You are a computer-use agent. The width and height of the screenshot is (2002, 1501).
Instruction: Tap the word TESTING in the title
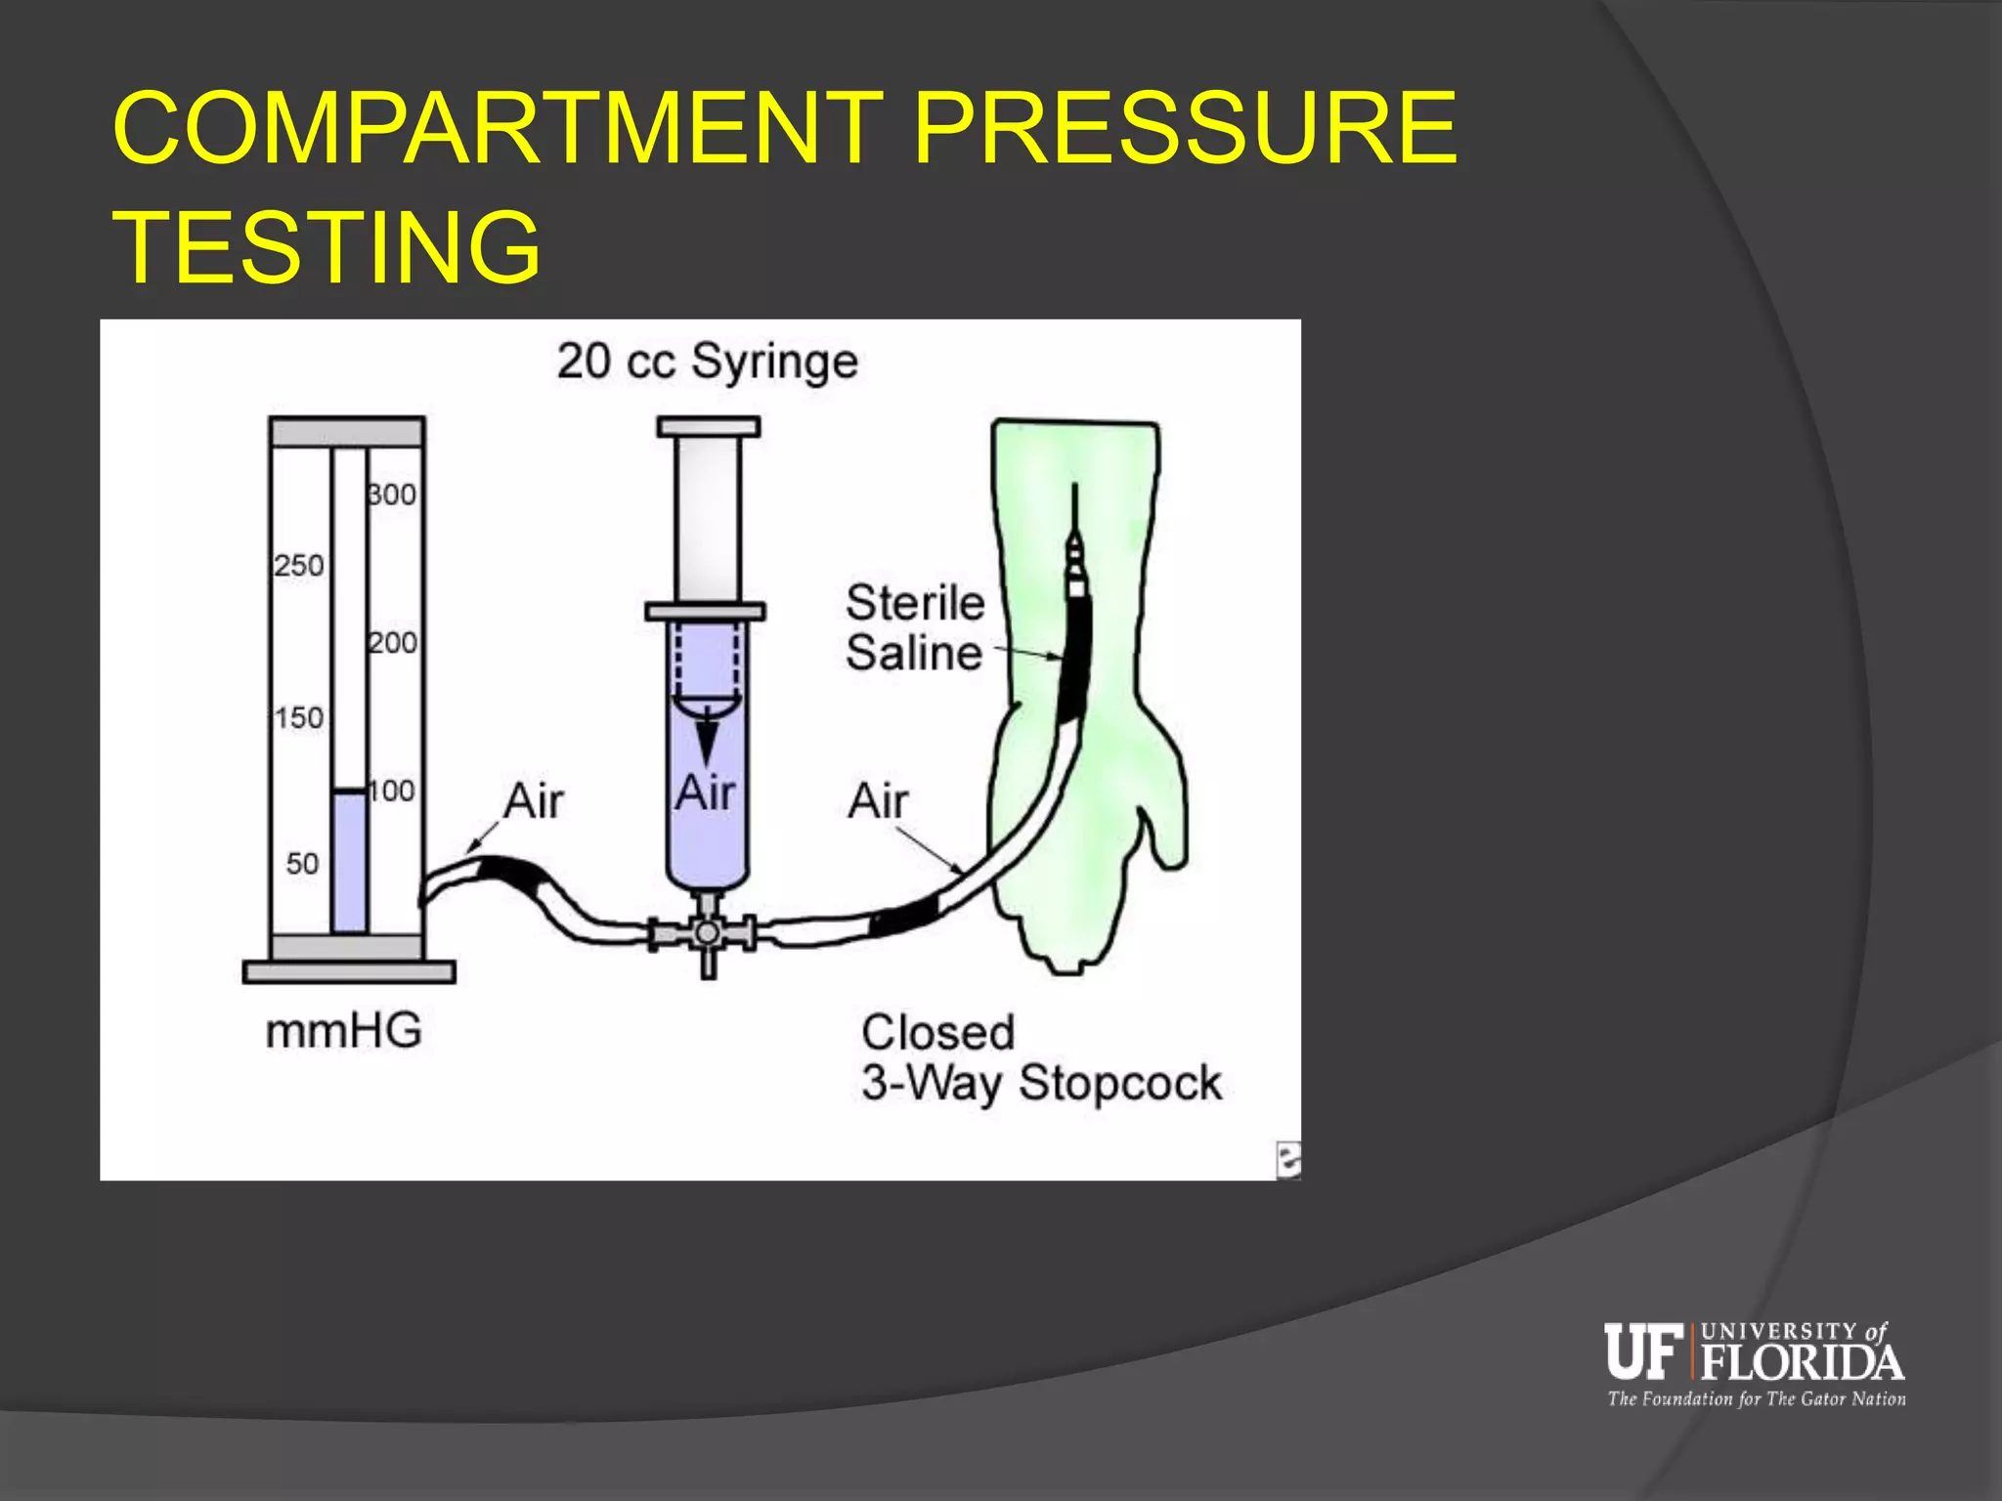pos(327,248)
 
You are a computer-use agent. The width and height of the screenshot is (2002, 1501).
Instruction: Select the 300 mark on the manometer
pos(392,494)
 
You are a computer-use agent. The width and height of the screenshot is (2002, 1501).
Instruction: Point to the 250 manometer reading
pos(298,566)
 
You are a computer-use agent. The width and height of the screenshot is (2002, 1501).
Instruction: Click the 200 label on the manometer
pos(393,643)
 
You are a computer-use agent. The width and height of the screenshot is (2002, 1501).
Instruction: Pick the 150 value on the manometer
pos(298,718)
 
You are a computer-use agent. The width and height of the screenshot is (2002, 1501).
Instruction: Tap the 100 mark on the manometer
pos(392,791)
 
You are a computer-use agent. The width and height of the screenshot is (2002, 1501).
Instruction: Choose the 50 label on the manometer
pos(302,864)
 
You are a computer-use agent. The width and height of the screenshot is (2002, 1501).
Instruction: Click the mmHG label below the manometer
pos(343,1031)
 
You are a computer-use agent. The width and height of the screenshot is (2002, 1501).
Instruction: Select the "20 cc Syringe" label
pos(708,362)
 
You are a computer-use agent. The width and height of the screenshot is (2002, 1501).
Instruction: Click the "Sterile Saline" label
pos(915,628)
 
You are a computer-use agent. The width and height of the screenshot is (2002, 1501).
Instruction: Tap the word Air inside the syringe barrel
pos(705,793)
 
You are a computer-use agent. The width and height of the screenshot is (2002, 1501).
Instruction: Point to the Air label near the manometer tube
pos(534,801)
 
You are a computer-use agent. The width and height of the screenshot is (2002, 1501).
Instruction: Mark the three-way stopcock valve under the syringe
pos(707,934)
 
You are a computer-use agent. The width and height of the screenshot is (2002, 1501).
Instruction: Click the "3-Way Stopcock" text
pos(1041,1084)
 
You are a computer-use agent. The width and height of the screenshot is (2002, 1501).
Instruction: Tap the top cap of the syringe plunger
pos(709,427)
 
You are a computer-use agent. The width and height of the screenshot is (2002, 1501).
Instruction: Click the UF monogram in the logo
pos(1642,1351)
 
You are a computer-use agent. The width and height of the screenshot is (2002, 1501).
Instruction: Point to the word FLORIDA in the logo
pos(1802,1362)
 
